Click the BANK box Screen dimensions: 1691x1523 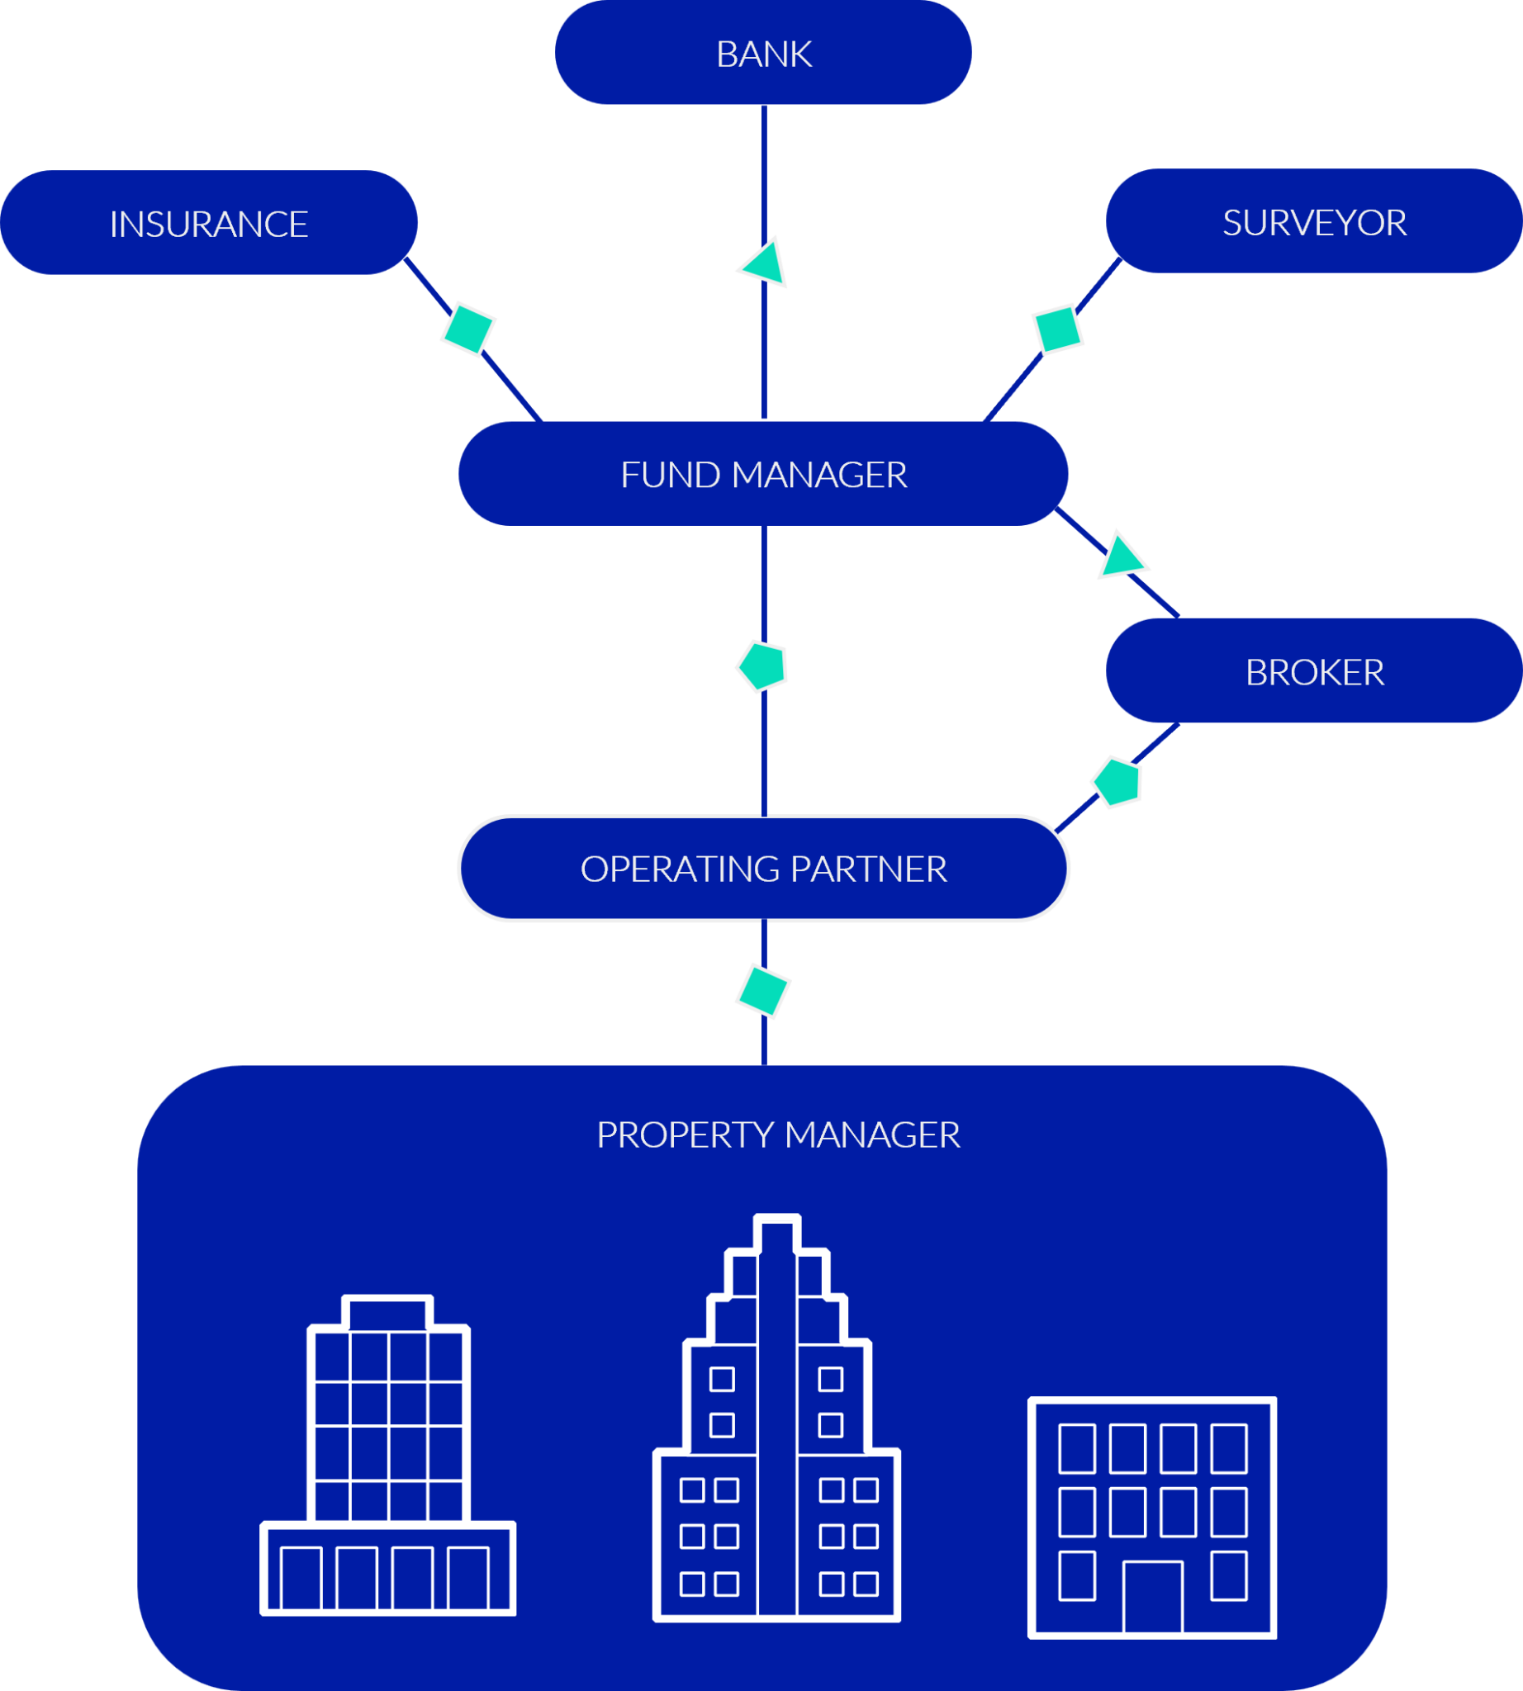pos(762,53)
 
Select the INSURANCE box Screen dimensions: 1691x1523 pos(208,224)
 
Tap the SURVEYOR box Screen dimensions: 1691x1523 pos(1313,222)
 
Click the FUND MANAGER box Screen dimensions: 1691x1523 pos(762,474)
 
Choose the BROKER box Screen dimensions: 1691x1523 pos(1313,671)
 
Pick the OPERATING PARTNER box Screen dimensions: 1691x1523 pos(762,868)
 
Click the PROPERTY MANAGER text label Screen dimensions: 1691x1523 pos(777,1134)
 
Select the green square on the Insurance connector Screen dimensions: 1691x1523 pos(467,329)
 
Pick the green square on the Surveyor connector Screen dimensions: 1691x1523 pos(1057,329)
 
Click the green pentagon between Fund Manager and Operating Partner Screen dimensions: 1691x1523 pos(762,667)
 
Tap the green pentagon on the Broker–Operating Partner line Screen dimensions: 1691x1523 pos(1117,782)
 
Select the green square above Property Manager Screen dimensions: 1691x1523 pos(762,992)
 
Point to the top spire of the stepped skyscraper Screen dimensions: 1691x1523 pos(776,1237)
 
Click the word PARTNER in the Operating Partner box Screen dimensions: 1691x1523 pos(868,869)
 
